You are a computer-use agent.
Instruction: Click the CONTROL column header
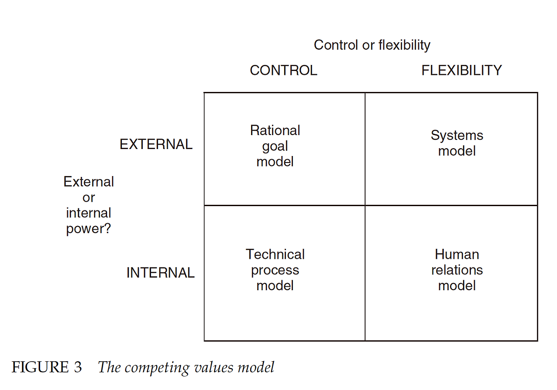283,71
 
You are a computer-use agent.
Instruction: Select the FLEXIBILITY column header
461,71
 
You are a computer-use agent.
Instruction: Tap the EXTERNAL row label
156,144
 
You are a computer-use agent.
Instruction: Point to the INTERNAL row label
160,273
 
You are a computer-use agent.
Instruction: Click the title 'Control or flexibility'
372,45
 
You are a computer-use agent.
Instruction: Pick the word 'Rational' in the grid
275,130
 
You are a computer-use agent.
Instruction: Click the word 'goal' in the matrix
275,146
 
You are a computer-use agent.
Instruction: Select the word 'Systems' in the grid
457,136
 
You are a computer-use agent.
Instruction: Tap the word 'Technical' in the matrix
275,254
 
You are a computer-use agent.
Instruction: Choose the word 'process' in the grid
275,270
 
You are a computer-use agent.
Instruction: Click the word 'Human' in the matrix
457,254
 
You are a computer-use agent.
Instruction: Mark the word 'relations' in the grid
457,270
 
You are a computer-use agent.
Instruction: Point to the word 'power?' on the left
89,229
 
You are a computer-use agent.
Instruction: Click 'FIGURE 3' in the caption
47,367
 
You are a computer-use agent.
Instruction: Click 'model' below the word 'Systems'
457,151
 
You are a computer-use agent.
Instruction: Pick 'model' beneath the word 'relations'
457,286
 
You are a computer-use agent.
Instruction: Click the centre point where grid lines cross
365,205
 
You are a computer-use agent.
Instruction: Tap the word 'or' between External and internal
89,197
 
